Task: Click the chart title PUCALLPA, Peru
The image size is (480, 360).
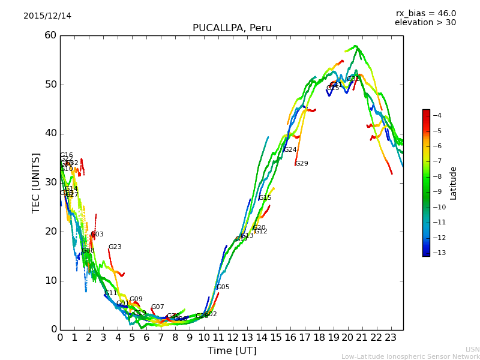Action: [232, 28]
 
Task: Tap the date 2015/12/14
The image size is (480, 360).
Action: [47, 16]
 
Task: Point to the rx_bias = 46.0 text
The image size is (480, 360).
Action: [425, 13]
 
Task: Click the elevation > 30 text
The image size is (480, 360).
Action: [425, 23]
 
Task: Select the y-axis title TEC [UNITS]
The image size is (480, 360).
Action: [36, 182]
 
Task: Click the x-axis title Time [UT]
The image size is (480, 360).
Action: [232, 350]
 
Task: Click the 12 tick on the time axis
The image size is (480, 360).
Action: [233, 338]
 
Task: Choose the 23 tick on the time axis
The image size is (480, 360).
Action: [391, 338]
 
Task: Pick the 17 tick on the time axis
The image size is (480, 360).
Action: [305, 338]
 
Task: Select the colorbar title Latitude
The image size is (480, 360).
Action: [454, 182]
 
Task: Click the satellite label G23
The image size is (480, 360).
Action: [115, 247]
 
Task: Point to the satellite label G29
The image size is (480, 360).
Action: [301, 163]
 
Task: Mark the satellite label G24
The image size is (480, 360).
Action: [290, 149]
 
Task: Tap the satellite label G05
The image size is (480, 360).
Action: [223, 287]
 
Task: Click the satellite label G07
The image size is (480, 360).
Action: [157, 307]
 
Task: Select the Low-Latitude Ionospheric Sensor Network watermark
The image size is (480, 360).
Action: [410, 356]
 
